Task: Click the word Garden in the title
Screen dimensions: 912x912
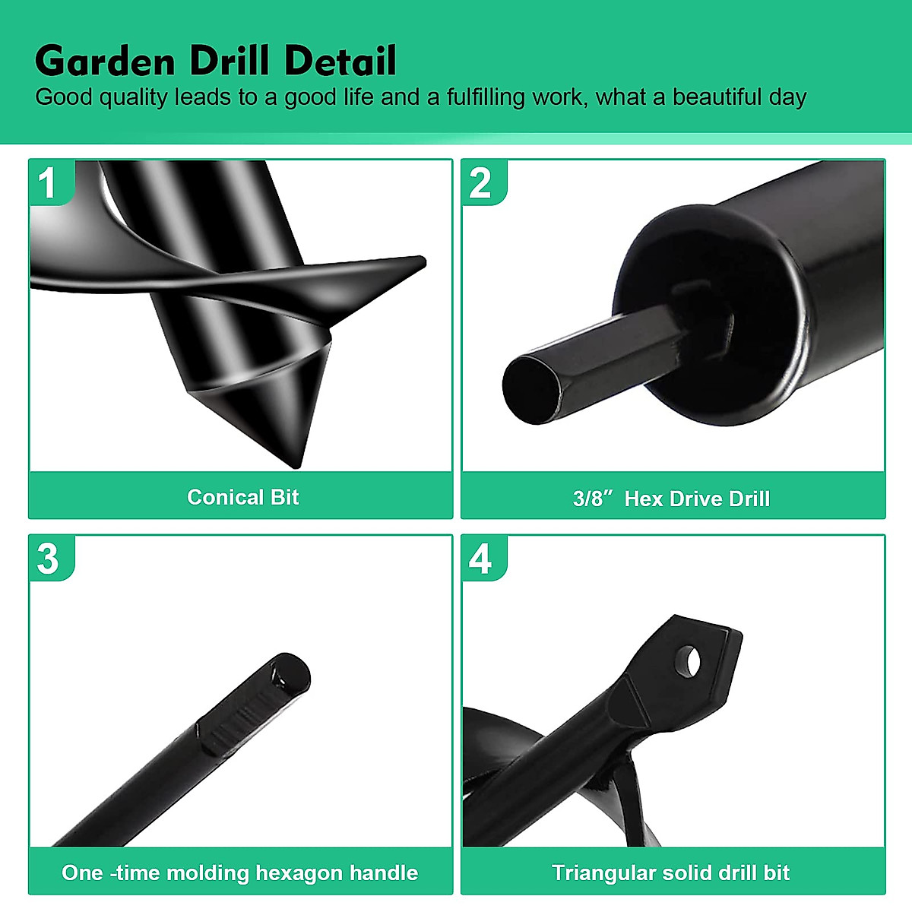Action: (105, 61)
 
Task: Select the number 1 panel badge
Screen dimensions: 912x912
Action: (48, 182)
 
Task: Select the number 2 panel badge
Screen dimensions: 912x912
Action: (481, 182)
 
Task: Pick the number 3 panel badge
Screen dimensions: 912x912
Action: (48, 559)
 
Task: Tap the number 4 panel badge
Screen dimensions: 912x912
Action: (481, 559)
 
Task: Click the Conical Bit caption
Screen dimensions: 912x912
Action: (242, 497)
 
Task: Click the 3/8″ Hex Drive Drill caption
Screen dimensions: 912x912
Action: (671, 499)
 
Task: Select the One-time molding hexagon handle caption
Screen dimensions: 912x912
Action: (239, 872)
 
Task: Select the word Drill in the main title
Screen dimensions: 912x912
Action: (230, 61)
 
